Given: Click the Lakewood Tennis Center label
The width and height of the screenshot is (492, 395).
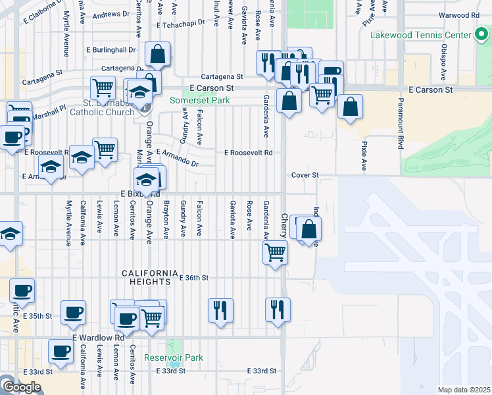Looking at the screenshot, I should tap(420, 35).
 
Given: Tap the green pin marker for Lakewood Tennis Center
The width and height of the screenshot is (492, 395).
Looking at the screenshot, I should tap(481, 36).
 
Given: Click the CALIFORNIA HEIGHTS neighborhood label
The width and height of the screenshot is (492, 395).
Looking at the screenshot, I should tap(149, 277).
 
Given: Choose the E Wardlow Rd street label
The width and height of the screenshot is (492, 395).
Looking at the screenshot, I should tap(99, 338).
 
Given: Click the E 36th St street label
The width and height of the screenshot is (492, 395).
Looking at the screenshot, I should tap(194, 278).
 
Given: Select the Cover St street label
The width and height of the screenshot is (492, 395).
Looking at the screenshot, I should tap(305, 176).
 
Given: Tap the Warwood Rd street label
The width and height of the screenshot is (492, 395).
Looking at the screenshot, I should tap(461, 14).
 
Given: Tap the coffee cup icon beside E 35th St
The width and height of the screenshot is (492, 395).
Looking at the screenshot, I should tap(73, 313).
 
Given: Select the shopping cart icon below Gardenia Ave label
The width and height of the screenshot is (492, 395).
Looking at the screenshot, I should tap(275, 251).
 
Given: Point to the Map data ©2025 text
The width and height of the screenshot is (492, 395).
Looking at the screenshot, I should tap(464, 390).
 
